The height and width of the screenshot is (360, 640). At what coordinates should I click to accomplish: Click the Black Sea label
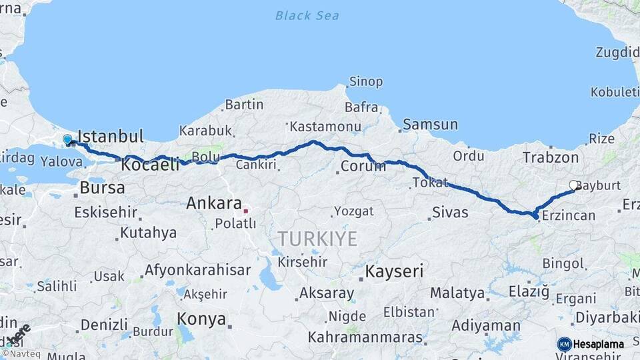[307, 15]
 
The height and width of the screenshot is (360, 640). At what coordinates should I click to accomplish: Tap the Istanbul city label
[111, 137]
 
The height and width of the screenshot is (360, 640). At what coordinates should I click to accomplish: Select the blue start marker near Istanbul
[67, 140]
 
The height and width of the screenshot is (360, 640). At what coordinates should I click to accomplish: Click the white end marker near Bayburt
[573, 185]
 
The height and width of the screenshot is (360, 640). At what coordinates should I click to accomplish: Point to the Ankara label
[213, 202]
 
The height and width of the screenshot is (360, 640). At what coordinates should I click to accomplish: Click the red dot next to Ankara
[246, 211]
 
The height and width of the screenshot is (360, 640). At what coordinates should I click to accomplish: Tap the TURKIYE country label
[317, 239]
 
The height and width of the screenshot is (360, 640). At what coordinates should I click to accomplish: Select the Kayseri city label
[395, 271]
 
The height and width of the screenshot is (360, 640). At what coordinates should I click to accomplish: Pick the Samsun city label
[431, 124]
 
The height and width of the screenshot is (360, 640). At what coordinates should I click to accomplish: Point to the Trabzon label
[551, 157]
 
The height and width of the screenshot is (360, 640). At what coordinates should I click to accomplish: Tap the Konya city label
[201, 319]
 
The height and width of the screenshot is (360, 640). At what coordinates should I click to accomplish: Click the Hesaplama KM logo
[591, 344]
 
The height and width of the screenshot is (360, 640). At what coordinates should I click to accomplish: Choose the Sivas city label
[450, 213]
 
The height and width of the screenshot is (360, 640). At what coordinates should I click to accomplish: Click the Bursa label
[102, 188]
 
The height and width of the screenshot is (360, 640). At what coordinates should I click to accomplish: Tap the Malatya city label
[457, 293]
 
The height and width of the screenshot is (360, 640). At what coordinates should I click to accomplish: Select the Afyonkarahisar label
[197, 270]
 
